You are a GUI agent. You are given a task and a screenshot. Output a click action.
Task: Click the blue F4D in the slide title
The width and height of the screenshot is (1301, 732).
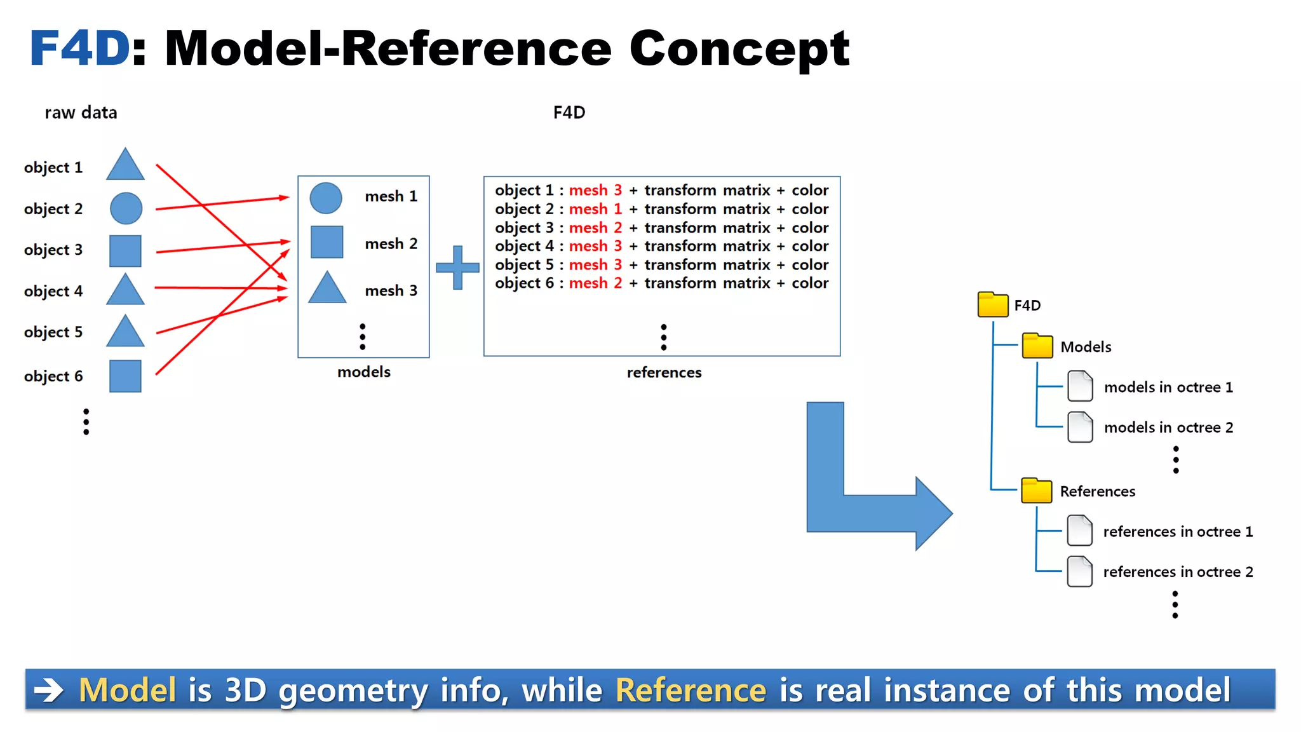pyautogui.click(x=80, y=48)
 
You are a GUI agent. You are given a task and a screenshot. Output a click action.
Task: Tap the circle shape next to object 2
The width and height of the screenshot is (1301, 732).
pyautogui.click(x=126, y=208)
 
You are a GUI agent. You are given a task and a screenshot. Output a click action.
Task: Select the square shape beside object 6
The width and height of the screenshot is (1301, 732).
pyautogui.click(x=125, y=376)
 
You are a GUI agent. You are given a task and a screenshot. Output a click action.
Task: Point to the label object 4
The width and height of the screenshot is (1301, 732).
pyautogui.click(x=53, y=291)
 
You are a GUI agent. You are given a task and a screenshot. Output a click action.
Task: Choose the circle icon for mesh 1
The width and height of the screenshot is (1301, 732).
pyautogui.click(x=326, y=198)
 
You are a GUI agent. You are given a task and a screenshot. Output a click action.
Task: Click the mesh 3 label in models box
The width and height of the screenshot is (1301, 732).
pyautogui.click(x=391, y=290)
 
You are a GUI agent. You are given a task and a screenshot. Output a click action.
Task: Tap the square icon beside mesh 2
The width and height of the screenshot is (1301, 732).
pyautogui.click(x=327, y=242)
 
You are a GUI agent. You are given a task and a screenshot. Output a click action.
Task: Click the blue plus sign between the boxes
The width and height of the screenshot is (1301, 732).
pyautogui.click(x=457, y=268)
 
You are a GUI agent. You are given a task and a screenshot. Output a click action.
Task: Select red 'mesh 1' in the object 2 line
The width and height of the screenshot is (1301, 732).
pyautogui.click(x=595, y=209)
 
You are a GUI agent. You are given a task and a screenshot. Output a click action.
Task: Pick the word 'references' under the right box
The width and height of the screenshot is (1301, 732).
pyautogui.click(x=664, y=372)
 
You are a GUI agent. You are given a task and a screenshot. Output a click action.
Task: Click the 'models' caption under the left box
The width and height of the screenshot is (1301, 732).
pyautogui.click(x=363, y=372)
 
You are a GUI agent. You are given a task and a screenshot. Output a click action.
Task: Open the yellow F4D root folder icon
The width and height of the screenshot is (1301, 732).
pyautogui.click(x=992, y=305)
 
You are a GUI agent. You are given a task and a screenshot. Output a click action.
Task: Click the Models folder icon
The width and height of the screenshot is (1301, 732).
pyautogui.click(x=1037, y=346)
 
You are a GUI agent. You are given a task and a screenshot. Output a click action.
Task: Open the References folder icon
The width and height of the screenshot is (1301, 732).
pyautogui.click(x=1036, y=491)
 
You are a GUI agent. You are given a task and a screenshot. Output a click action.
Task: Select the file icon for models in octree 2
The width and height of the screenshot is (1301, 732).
pyautogui.click(x=1080, y=427)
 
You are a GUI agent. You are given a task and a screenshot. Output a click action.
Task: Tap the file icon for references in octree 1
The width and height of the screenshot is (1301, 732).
pyautogui.click(x=1079, y=531)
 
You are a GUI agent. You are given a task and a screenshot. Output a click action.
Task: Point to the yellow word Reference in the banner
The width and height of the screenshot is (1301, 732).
pyautogui.click(x=691, y=690)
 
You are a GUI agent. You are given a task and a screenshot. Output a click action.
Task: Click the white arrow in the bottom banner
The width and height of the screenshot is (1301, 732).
pyautogui.click(x=49, y=690)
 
